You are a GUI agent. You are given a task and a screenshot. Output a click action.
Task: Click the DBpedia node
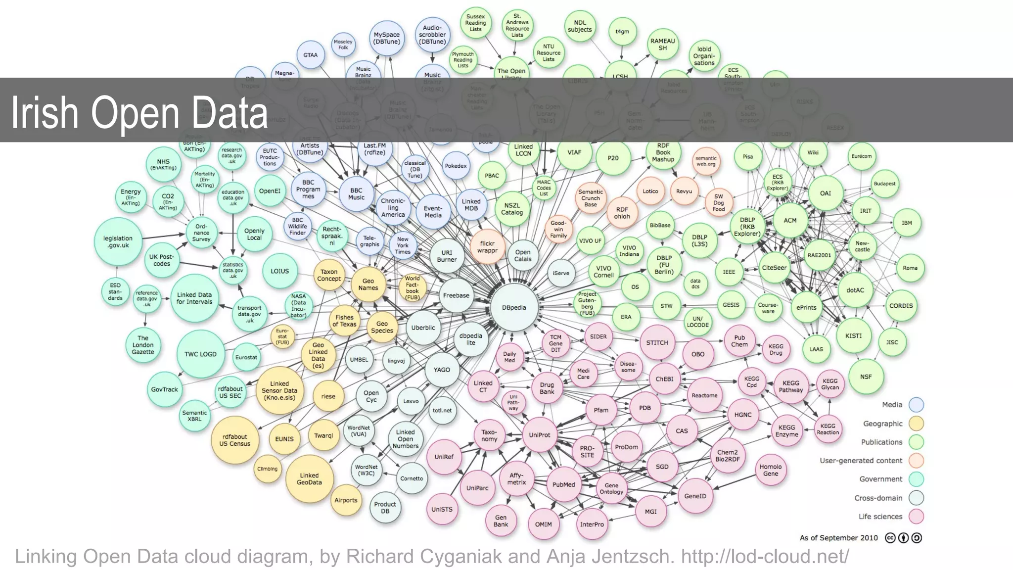tap(514, 307)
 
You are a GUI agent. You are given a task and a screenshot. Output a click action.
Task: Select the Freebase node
tap(456, 295)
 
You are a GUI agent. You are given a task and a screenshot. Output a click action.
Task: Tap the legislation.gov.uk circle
tap(118, 241)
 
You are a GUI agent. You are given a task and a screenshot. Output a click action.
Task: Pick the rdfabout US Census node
tap(235, 440)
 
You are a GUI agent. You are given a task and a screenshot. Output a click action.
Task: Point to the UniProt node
tap(539, 435)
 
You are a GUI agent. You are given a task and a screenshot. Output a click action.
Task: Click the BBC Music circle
tap(356, 193)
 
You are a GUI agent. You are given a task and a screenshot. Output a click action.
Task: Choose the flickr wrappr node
tap(487, 246)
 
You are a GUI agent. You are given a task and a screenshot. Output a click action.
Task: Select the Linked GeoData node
tap(309, 478)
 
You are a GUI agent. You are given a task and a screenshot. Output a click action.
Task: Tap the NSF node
tap(866, 377)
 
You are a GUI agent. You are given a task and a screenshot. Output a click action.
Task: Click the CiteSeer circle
tap(774, 268)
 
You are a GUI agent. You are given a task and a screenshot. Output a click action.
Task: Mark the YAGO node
tap(442, 370)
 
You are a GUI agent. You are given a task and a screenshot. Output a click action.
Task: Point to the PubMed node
tap(563, 484)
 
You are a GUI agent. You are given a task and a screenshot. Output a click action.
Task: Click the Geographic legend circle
tap(916, 424)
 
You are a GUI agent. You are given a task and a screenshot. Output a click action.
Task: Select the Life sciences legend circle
tap(916, 517)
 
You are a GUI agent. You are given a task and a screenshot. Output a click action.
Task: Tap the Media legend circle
tap(916, 405)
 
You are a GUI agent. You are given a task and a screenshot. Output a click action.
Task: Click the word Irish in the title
tap(45, 113)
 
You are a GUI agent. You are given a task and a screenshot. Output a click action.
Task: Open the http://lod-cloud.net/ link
tap(765, 556)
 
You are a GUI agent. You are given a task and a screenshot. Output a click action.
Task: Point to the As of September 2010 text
tap(838, 538)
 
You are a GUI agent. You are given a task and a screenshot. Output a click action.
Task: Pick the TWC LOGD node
tap(200, 354)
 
